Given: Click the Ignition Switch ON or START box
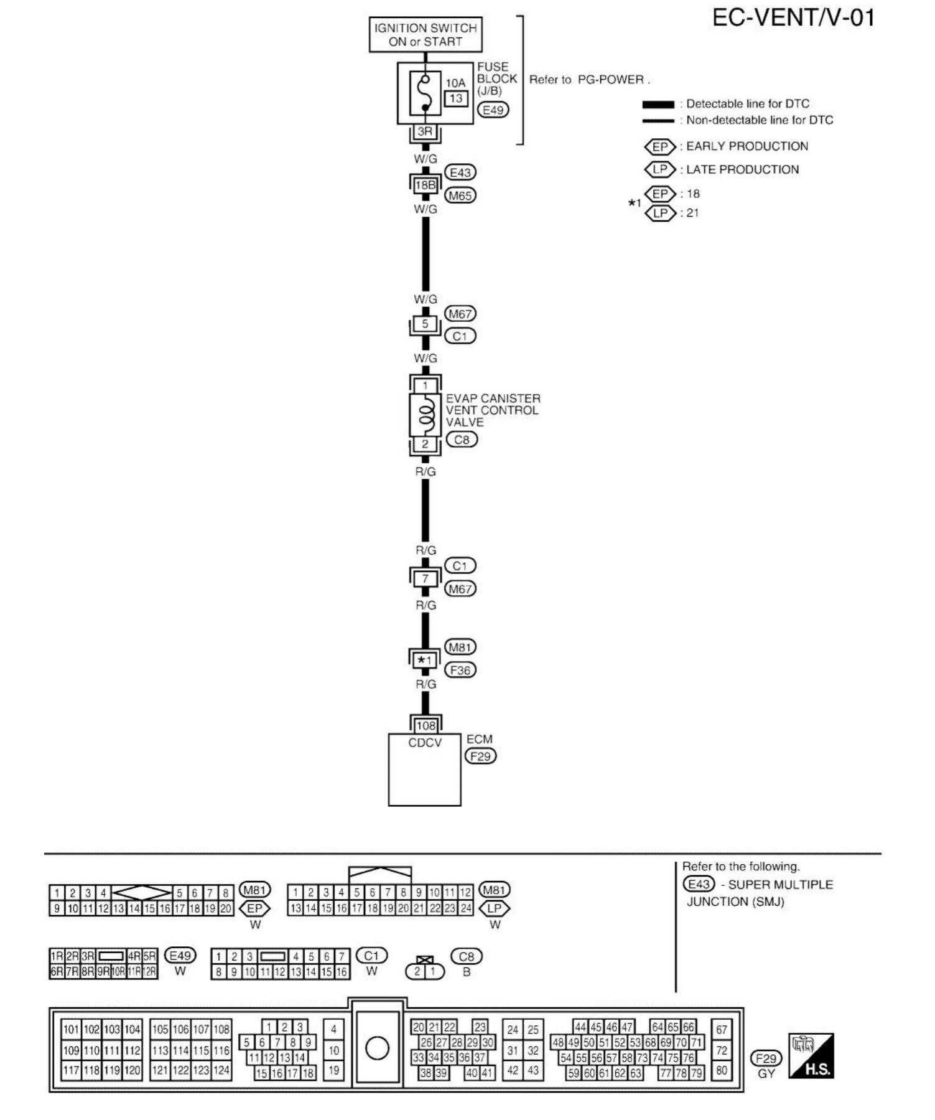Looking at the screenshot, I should (426, 35).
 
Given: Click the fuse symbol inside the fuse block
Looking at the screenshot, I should (426, 94).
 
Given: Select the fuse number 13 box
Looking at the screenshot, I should (456, 98).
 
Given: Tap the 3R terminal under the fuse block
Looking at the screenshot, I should (425, 131).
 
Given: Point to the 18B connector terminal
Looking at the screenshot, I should (425, 185).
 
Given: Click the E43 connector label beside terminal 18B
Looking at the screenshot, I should (460, 172).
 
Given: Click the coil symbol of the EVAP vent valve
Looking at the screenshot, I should (426, 414).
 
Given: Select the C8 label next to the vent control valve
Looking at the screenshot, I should (462, 440).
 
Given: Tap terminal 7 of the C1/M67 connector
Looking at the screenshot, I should (425, 578).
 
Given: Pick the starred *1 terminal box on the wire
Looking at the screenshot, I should (425, 660).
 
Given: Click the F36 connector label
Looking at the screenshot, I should (460, 671).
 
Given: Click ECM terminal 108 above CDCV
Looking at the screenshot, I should (426, 725).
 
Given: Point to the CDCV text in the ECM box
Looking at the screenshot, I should (425, 743).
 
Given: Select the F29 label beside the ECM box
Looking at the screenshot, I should (480, 756).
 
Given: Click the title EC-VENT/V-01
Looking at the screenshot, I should (793, 18).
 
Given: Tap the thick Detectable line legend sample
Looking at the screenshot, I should (658, 105).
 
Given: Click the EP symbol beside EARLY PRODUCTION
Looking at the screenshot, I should (660, 147).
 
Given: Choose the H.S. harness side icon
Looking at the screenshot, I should (811, 1056).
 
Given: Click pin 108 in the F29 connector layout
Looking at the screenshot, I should (222, 1029).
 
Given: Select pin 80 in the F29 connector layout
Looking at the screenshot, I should (721, 1070).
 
